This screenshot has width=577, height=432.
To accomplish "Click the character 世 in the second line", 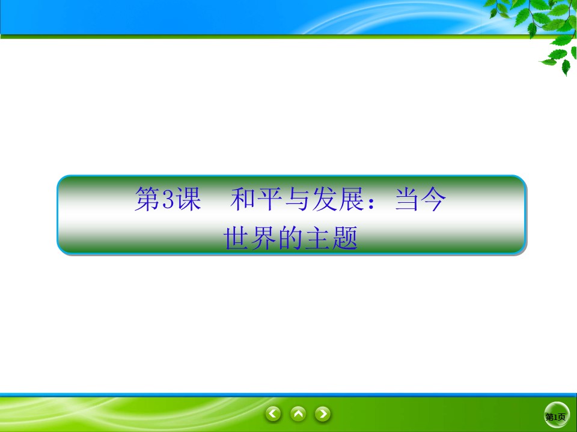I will point(237,238).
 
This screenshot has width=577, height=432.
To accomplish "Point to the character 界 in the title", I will point(264,238).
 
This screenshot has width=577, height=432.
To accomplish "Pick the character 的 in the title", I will point(291,238).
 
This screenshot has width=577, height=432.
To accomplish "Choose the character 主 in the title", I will point(318,238).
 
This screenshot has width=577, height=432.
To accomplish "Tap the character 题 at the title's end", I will point(345,238).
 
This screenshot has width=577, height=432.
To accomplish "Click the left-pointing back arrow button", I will point(274,413).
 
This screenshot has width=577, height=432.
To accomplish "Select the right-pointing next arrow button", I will point(323,413).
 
